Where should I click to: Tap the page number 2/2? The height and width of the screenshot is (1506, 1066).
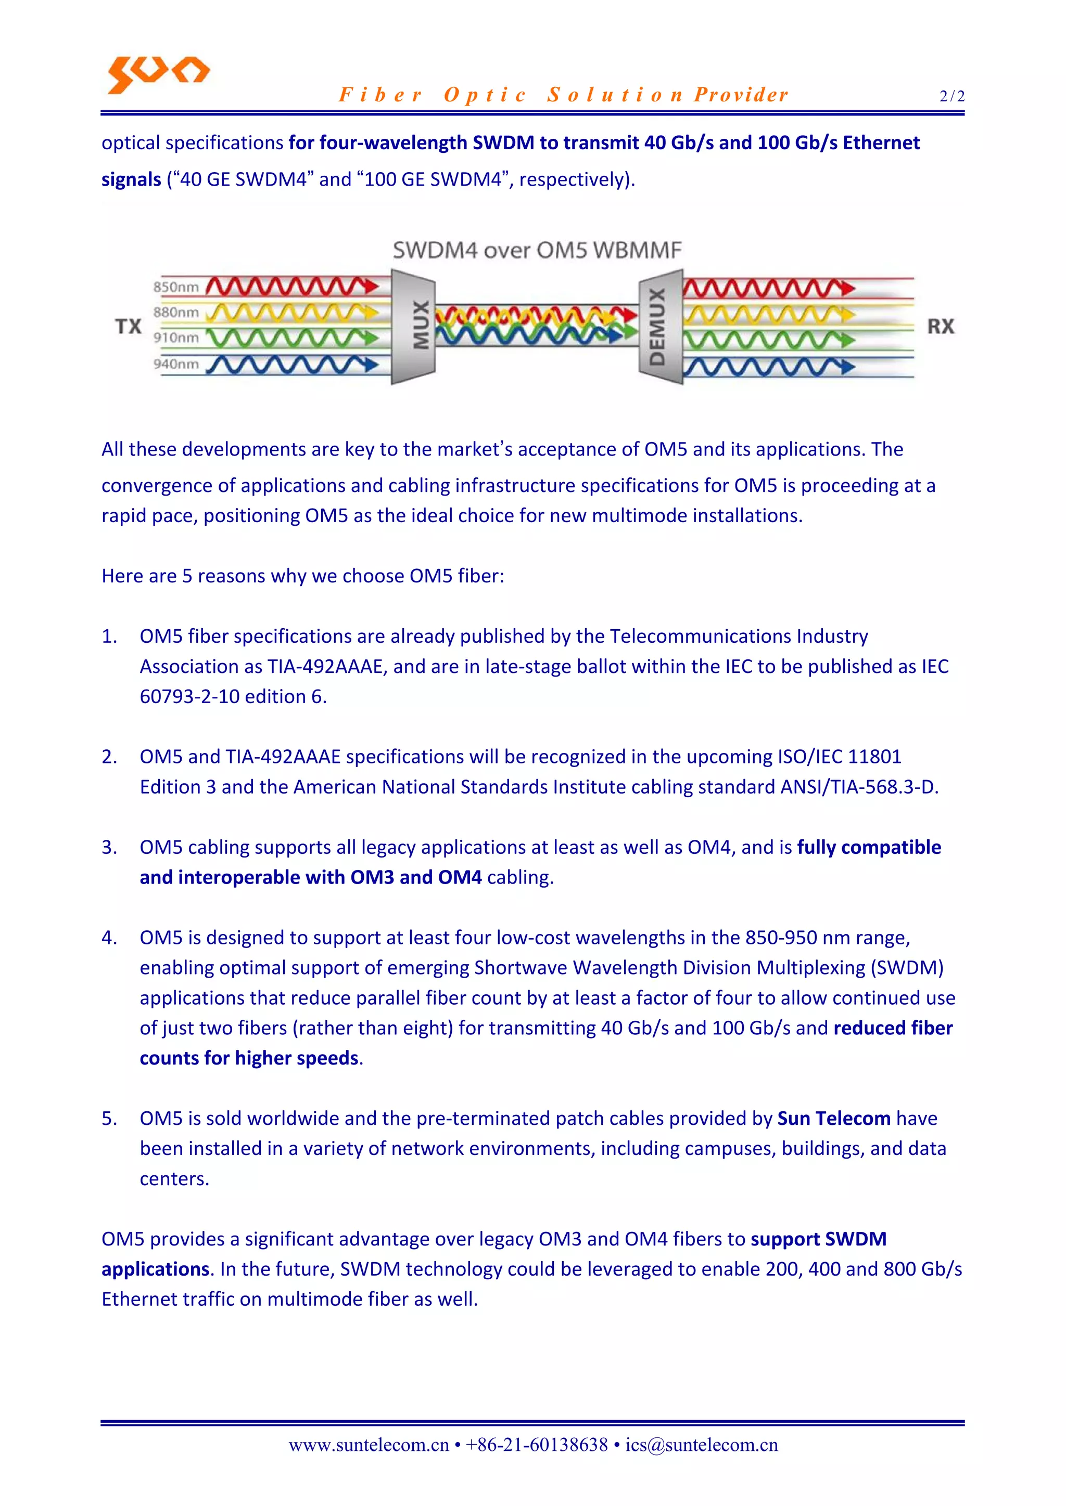pyautogui.click(x=952, y=96)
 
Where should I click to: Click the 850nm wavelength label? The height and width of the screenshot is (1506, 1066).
pyautogui.click(x=176, y=287)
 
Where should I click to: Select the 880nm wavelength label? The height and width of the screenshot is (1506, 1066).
pyautogui.click(x=176, y=312)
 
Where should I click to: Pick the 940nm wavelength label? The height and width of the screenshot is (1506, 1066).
pyautogui.click(x=176, y=363)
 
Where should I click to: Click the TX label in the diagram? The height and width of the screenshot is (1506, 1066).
pyautogui.click(x=129, y=326)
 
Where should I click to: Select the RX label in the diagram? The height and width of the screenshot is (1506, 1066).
pyautogui.click(x=940, y=326)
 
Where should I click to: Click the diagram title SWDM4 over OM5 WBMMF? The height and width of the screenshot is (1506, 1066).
pyautogui.click(x=537, y=250)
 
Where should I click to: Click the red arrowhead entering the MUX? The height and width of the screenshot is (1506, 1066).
pyautogui.click(x=372, y=286)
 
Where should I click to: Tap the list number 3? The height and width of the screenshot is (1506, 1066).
pyautogui.click(x=109, y=848)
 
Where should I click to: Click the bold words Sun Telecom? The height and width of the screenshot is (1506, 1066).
pyautogui.click(x=834, y=1119)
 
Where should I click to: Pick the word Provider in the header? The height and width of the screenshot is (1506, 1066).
pyautogui.click(x=741, y=95)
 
